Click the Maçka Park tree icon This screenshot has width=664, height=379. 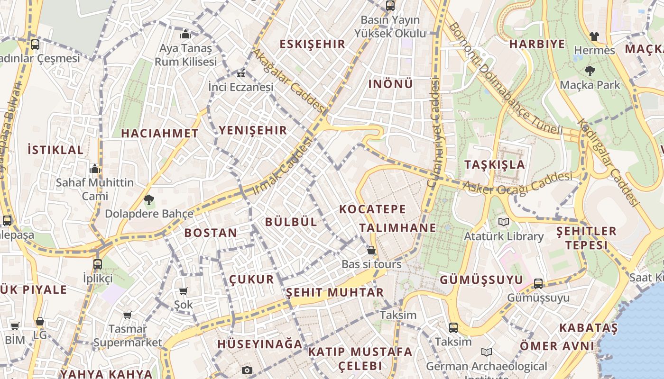pos(590,71)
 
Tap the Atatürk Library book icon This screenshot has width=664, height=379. pos(504,222)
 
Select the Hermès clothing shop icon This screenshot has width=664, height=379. pos(594,36)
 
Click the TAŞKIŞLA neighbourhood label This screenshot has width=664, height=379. pos(495,165)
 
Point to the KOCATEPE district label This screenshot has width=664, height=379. pos(373,209)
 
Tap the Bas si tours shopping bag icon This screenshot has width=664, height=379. pos(371,250)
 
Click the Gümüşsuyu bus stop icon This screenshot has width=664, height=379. pos(538,284)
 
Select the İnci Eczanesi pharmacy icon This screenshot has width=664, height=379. pos(241,74)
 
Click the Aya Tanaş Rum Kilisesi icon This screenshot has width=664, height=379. pos(185,35)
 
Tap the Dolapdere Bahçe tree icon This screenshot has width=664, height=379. pos(149,200)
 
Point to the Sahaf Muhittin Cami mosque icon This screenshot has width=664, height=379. pos(95,169)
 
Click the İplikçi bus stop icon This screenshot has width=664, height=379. pos(98,264)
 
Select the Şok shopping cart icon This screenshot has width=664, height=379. pos(184,291)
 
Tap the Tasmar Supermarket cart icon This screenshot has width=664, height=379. pos(127,315)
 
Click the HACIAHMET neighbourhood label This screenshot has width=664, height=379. pos(159,133)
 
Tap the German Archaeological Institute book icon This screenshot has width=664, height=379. pos(486,352)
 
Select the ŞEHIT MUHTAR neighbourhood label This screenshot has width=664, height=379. pos(335,292)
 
